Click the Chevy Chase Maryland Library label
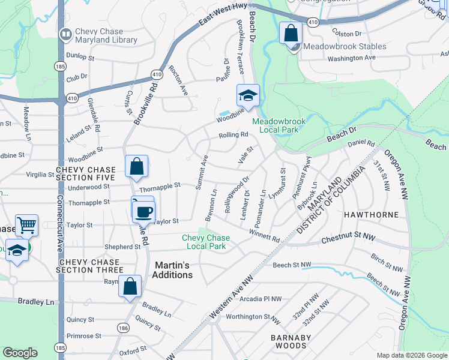coord(105,35)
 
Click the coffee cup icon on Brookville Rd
coord(144,211)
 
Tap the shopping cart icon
coord(26,226)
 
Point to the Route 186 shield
coord(123,328)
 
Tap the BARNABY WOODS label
coord(291,343)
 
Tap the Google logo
coord(20,353)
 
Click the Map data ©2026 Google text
coord(411,355)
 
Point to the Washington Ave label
coord(351,58)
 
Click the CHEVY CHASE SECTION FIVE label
coord(85,173)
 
